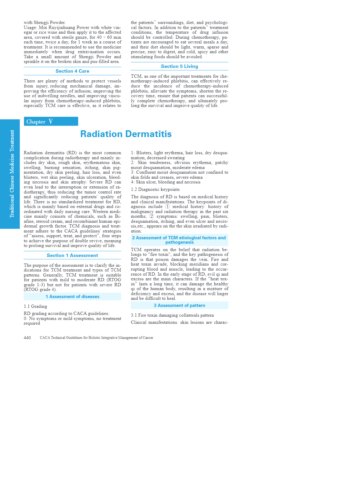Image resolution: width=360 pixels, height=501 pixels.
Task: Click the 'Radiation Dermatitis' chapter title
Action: [x=126, y=134]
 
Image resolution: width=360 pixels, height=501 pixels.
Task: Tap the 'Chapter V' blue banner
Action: [x=51, y=121]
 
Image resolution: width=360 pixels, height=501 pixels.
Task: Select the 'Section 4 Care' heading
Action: [x=72, y=71]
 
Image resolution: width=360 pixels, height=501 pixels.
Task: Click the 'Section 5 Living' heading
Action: [x=179, y=66]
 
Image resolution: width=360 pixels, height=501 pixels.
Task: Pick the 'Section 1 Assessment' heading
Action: [x=72, y=256]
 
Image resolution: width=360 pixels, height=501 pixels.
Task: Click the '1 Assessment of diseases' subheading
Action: [x=72, y=297]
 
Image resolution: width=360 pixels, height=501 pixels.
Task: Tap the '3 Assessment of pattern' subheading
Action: [x=179, y=305]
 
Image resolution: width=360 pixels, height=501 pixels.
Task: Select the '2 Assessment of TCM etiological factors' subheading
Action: [x=179, y=240]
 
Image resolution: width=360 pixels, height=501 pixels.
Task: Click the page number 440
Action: [x=27, y=338]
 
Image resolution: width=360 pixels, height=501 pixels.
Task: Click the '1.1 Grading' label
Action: [x=35, y=306]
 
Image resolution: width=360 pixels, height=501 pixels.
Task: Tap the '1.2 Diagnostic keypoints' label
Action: [x=155, y=189]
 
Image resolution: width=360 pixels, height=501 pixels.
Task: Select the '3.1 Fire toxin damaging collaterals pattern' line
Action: [x=172, y=315]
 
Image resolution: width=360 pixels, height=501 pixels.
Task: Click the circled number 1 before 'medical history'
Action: [x=168, y=206]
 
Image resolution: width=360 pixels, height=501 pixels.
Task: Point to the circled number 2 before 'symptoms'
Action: [x=152, y=216]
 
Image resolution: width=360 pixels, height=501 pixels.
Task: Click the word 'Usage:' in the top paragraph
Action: [x=30, y=27]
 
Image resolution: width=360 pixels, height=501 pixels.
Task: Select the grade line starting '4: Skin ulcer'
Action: [x=166, y=182]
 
